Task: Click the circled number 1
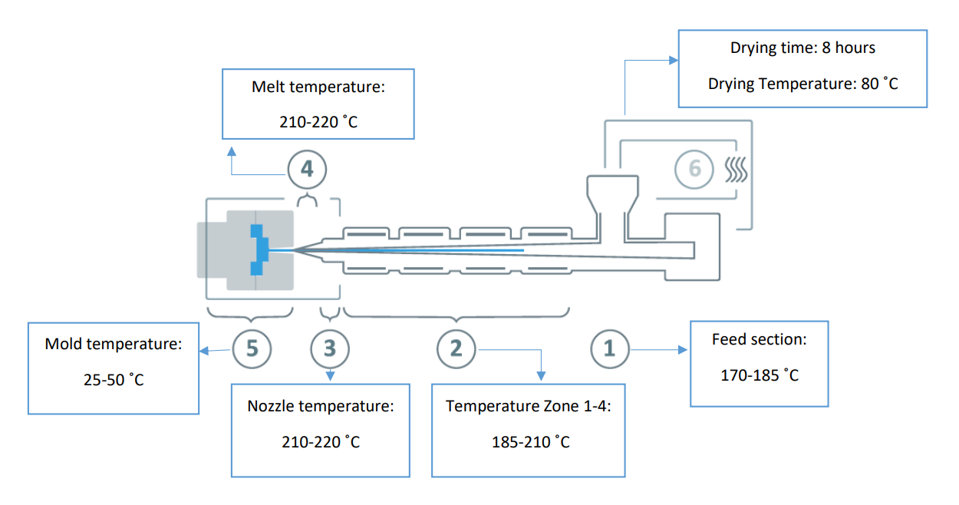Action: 609,348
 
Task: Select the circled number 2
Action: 456,348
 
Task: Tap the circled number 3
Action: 330,348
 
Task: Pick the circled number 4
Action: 307,169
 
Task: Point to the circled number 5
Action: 252,348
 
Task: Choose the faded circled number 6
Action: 694,169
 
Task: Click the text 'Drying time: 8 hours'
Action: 802,48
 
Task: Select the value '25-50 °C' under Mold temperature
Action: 113,379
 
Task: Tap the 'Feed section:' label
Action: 759,339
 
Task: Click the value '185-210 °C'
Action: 529,442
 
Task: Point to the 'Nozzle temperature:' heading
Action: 321,406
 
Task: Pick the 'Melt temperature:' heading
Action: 318,87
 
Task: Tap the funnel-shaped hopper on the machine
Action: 611,196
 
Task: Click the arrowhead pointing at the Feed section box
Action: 684,349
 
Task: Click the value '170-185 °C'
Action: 760,375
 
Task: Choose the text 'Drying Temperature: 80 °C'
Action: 802,83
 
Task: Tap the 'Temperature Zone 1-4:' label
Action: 529,406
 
